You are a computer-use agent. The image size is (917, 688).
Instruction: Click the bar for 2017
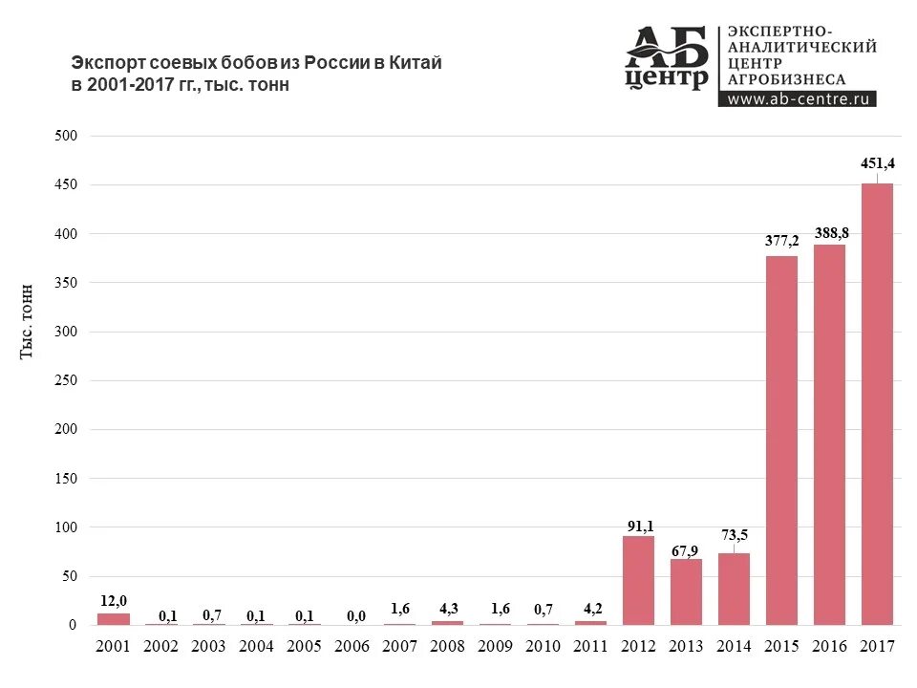tap(877, 403)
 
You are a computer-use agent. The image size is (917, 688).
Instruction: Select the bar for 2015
tap(781, 440)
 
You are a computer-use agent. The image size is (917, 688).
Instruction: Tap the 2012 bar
tap(638, 580)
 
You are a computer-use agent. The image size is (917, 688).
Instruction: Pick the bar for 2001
tap(113, 619)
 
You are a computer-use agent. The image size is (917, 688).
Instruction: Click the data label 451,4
tap(877, 164)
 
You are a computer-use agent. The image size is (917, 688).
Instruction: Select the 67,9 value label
tap(687, 549)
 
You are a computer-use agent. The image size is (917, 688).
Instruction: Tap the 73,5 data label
tap(735, 535)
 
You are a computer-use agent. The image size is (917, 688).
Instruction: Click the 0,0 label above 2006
tap(352, 616)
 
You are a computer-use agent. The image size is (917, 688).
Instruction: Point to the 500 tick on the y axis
tap(65, 136)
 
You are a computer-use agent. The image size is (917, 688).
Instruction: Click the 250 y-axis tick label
tap(65, 380)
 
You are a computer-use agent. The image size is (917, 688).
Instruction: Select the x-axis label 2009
tap(495, 647)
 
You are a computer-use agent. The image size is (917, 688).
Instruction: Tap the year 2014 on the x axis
tap(734, 647)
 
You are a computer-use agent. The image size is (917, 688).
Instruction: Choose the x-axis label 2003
tap(208, 647)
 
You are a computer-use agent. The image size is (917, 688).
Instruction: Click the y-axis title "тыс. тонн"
tap(30, 321)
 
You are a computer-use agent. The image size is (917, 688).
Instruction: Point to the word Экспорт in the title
tap(104, 63)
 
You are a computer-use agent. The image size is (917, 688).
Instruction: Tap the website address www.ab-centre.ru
tap(797, 98)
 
